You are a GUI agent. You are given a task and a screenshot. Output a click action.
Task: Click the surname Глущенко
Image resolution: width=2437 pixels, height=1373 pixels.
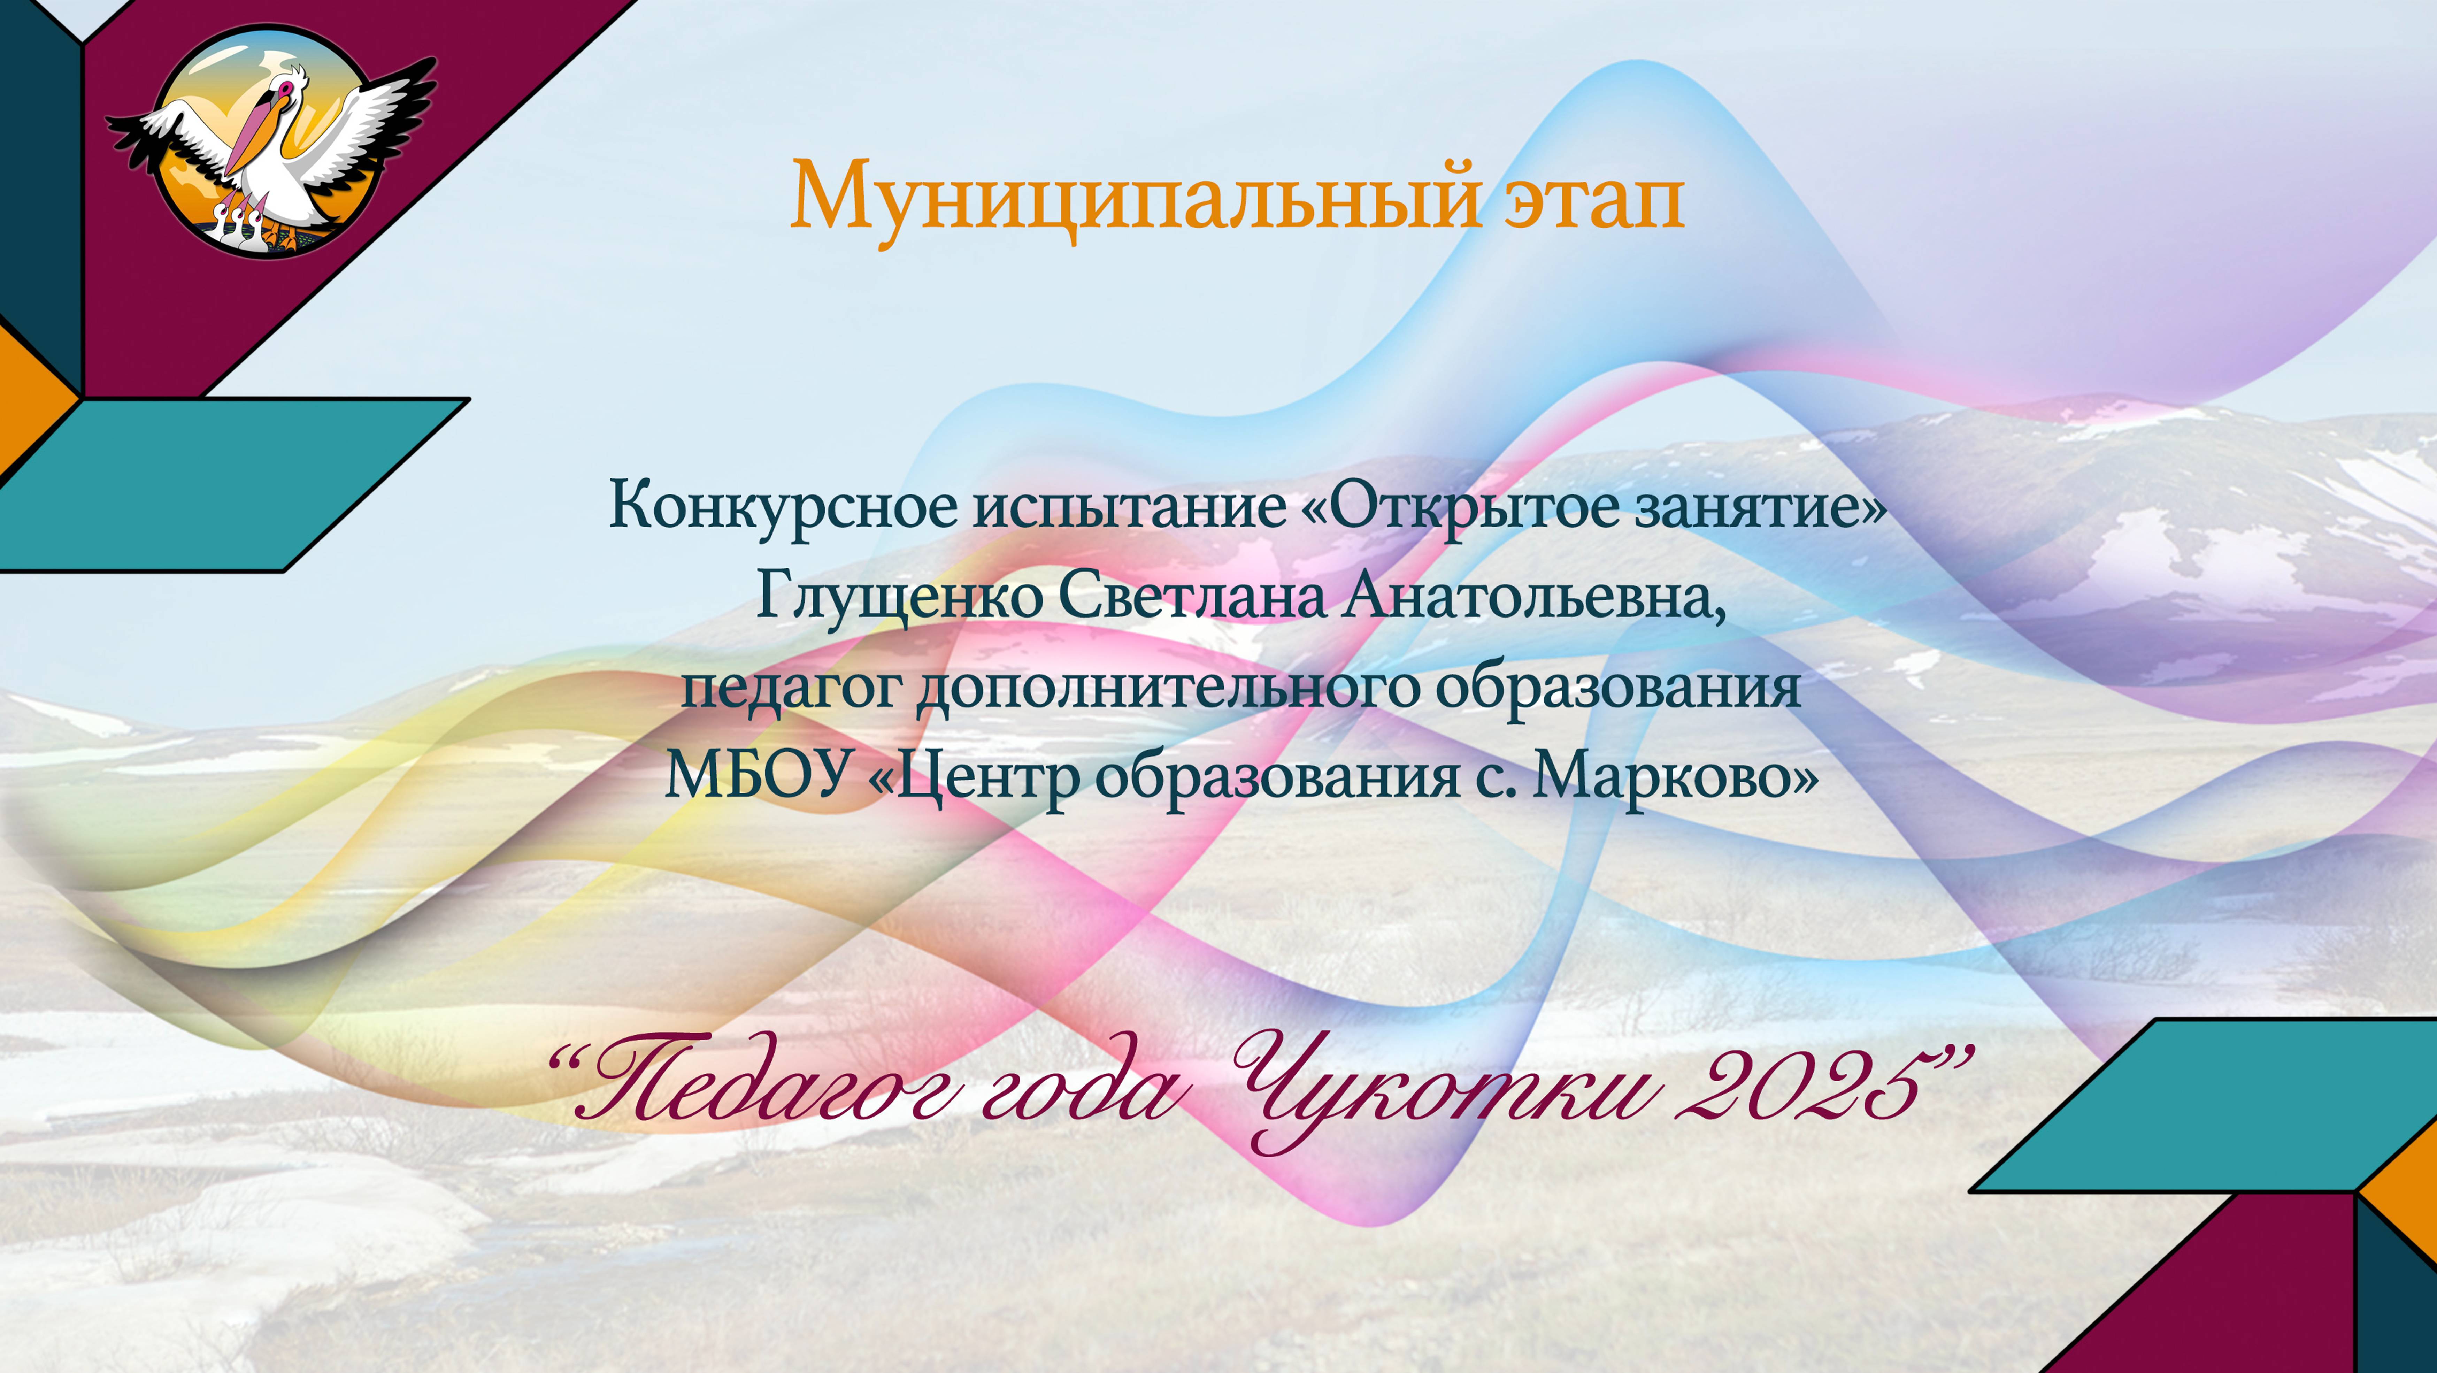[x=899, y=596]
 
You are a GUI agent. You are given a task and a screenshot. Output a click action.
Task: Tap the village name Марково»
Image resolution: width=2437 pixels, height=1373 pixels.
[x=1675, y=776]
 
